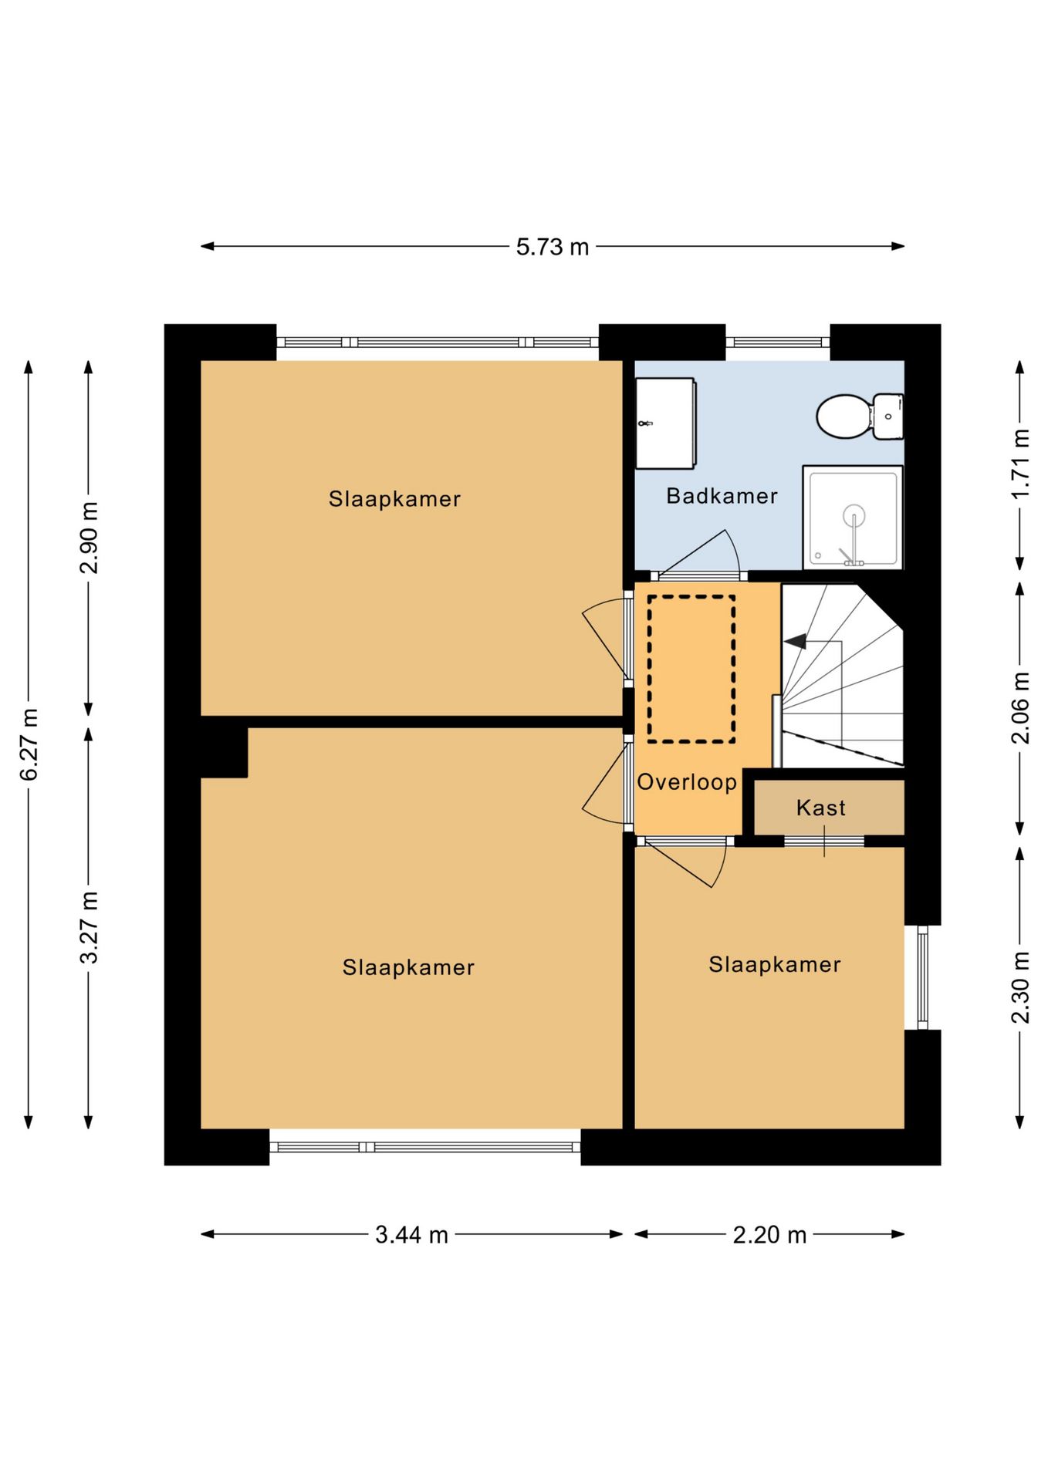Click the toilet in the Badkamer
(859, 417)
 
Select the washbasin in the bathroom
(665, 423)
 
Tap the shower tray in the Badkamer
(853, 518)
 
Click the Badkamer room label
(722, 496)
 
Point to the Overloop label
(687, 782)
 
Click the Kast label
(821, 808)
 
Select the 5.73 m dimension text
(553, 247)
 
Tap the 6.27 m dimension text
(29, 744)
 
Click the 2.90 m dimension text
(89, 538)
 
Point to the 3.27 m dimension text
(89, 927)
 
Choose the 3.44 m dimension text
(411, 1235)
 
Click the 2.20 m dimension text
(769, 1235)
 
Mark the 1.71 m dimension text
(1020, 464)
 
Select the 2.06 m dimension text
(1020, 708)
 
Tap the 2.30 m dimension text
(1020, 988)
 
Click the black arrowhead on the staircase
(796, 641)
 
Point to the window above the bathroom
(778, 342)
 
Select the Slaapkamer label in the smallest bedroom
(775, 964)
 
